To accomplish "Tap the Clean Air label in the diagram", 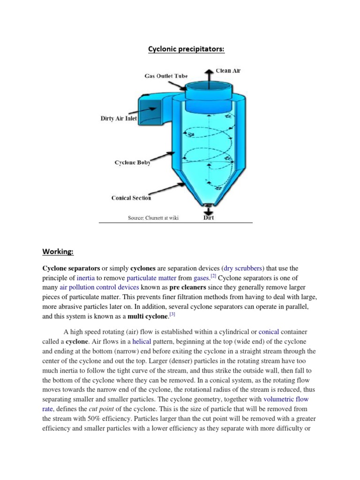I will [228, 71].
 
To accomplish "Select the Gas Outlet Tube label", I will [166, 75].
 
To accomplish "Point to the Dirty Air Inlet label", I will [119, 119].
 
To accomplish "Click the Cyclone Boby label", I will [133, 163].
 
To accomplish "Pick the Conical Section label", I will [131, 198].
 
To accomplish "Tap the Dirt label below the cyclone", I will [209, 218].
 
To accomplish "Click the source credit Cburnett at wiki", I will [153, 218].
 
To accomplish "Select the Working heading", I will [58, 252].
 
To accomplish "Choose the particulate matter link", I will [152, 278].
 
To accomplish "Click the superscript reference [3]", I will [172, 314].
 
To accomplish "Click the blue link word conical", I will [269, 332].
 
